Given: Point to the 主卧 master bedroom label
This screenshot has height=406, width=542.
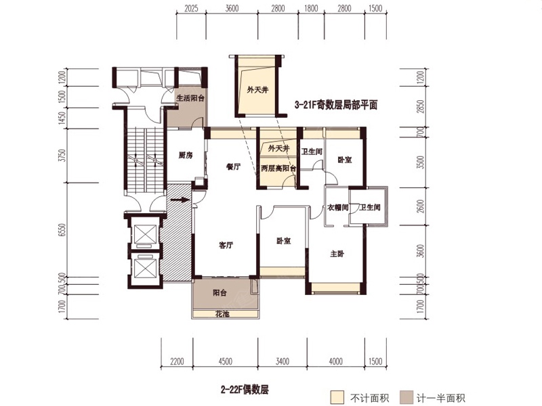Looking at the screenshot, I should [337, 253].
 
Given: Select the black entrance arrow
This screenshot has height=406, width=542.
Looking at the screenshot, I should [180, 200].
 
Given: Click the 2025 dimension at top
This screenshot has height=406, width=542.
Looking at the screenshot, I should [191, 9].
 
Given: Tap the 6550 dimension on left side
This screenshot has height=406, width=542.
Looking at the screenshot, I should [63, 231].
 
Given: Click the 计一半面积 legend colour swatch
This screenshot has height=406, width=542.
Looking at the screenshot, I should [406, 397].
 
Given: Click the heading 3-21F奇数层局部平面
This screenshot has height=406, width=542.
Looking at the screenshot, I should [335, 105].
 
